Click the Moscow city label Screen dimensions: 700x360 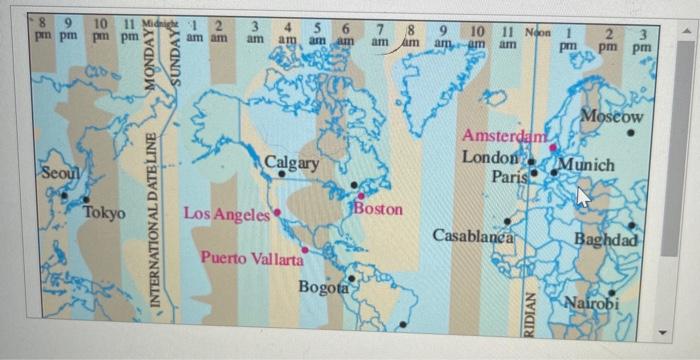coord(611,117)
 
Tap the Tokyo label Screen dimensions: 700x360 coord(104,213)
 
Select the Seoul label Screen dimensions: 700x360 coord(58,173)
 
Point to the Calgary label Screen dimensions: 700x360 coord(292,162)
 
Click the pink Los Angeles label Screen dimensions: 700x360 coord(227,213)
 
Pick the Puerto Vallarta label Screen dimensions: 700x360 coord(251,258)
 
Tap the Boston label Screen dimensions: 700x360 coord(378,209)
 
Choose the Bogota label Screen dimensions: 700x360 coord(324,288)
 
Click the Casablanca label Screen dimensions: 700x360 coord(472,236)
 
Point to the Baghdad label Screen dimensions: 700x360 coord(606,240)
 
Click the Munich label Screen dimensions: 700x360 coord(586,164)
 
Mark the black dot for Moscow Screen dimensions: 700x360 coord(631,132)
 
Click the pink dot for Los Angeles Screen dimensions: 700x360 coord(277,212)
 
